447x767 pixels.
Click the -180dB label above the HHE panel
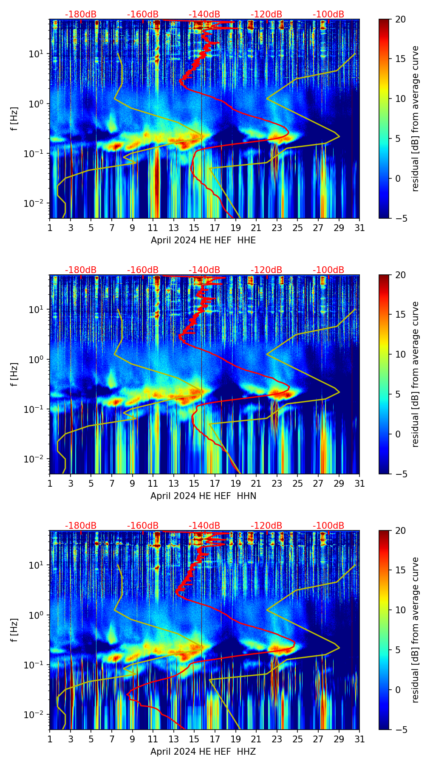click(x=81, y=14)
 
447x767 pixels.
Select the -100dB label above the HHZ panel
click(x=328, y=526)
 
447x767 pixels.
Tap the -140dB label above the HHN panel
click(x=204, y=270)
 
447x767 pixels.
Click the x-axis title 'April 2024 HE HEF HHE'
click(x=203, y=240)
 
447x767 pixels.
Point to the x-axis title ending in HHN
click(x=203, y=496)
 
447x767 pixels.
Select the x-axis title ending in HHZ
click(x=203, y=752)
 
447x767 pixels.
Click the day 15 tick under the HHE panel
click(x=194, y=228)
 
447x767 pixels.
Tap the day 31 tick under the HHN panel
click(x=359, y=483)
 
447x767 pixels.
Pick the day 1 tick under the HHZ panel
click(x=50, y=739)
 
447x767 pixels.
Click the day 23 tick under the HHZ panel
click(x=277, y=739)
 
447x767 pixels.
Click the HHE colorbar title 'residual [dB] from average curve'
click(x=415, y=118)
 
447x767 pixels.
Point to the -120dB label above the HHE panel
click(x=266, y=14)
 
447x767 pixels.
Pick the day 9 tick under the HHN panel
click(x=132, y=483)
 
